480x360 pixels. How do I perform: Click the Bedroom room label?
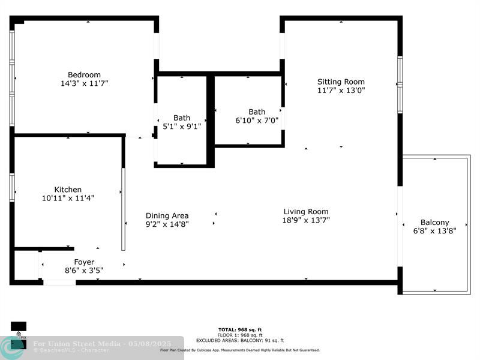pyautogui.click(x=84, y=75)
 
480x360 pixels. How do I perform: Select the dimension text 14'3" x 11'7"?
pyautogui.click(x=84, y=84)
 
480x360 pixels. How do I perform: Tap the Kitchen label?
pyautogui.click(x=68, y=190)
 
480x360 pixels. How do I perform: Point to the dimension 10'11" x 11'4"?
pyautogui.click(x=68, y=198)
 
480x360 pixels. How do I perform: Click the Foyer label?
pyautogui.click(x=84, y=262)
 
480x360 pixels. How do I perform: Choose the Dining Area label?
pyautogui.click(x=167, y=216)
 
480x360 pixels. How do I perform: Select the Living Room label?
pyautogui.click(x=306, y=212)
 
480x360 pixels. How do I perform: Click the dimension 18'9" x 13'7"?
pyautogui.click(x=306, y=220)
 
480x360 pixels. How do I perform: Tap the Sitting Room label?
pyautogui.click(x=341, y=82)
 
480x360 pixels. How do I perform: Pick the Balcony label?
pyautogui.click(x=434, y=223)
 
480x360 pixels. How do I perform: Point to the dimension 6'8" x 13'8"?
pyautogui.click(x=434, y=231)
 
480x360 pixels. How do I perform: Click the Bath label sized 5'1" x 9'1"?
pyautogui.click(x=182, y=118)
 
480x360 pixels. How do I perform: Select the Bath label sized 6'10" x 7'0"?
pyautogui.click(x=257, y=112)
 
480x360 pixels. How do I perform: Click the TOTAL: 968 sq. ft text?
pyautogui.click(x=240, y=329)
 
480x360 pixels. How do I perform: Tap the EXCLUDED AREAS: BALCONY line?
pyautogui.click(x=240, y=340)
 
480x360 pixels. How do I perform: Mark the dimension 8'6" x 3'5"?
pyautogui.click(x=84, y=271)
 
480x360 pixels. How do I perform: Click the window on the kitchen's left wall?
pyautogui.click(x=12, y=187)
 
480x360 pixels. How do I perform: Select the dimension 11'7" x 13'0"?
pyautogui.click(x=341, y=91)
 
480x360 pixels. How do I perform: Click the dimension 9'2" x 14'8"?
pyautogui.click(x=167, y=224)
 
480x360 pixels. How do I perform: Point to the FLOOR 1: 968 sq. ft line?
pyautogui.click(x=240, y=335)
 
